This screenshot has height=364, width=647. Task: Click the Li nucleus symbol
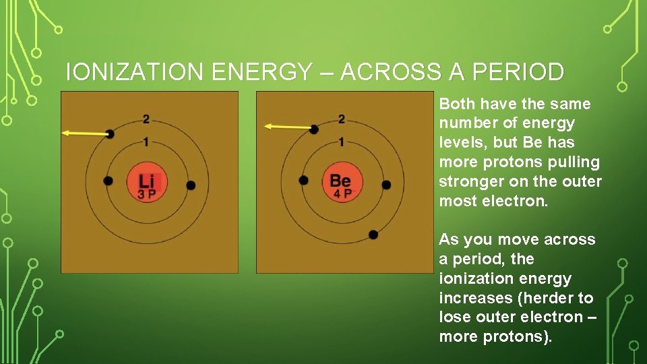click(x=146, y=180)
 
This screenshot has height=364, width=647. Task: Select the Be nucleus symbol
click(x=340, y=180)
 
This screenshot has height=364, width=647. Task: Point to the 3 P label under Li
click(x=146, y=194)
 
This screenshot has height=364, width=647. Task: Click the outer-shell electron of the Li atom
click(x=110, y=133)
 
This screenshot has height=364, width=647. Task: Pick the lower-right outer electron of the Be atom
click(x=373, y=235)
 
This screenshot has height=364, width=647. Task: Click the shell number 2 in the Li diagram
click(x=146, y=120)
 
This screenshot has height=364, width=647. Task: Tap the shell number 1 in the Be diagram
click(x=342, y=142)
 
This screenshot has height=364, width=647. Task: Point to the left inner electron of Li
click(x=108, y=181)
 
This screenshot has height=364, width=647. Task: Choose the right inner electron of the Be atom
click(x=386, y=185)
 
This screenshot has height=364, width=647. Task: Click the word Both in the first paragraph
click(x=457, y=104)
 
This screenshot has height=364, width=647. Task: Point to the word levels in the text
click(x=460, y=143)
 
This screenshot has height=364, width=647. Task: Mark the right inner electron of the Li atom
click(x=191, y=185)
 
